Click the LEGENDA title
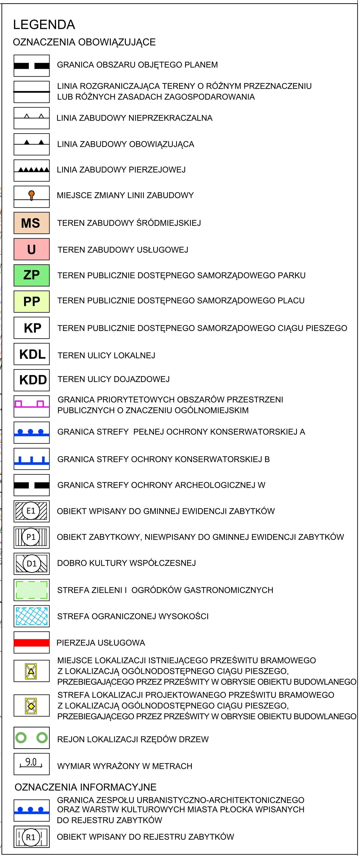[x=44, y=25]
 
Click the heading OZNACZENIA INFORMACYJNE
[x=85, y=787]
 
